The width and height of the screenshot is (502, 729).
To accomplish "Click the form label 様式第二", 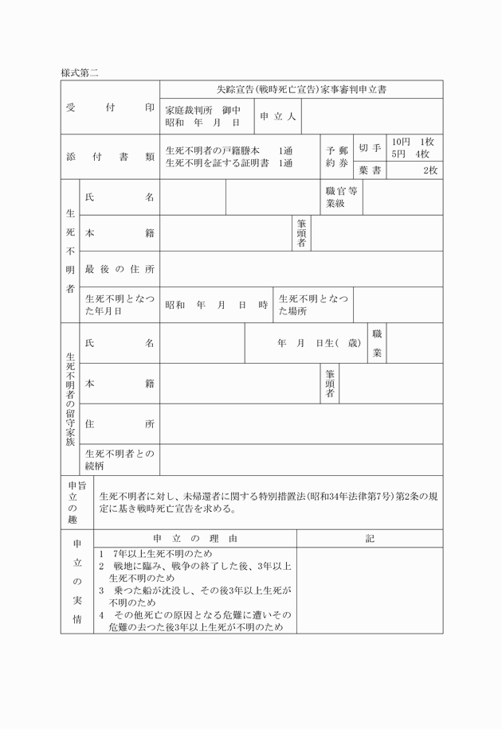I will tap(79, 72).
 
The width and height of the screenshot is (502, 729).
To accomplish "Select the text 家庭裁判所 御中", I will tap(202, 109).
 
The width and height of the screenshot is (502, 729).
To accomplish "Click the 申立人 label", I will tap(277, 116).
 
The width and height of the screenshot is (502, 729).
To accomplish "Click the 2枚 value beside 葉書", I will tap(430, 170).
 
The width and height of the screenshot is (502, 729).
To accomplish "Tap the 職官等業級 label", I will tap(342, 197).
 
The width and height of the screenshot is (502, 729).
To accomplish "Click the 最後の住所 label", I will tap(120, 269).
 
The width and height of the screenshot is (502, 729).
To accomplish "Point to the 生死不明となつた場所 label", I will tap(313, 305).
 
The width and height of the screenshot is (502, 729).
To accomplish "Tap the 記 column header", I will tap(370, 539).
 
